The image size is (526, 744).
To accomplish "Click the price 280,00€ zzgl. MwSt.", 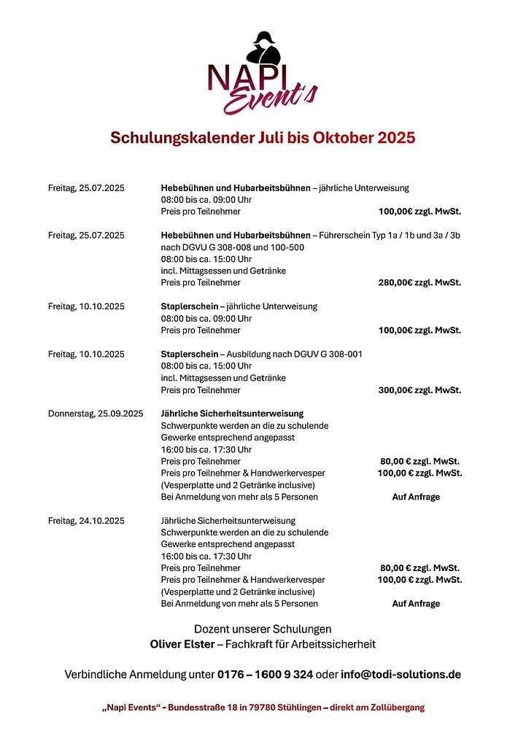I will pyautogui.click(x=419, y=282).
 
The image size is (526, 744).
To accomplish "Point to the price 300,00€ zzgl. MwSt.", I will pyautogui.click(x=419, y=390).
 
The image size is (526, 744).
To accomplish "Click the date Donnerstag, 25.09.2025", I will pyautogui.click(x=96, y=414).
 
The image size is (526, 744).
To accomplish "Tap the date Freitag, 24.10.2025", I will pyautogui.click(x=86, y=521).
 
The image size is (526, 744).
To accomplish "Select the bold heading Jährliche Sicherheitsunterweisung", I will pyautogui.click(x=232, y=414).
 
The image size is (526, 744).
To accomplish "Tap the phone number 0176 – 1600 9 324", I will pyautogui.click(x=266, y=675).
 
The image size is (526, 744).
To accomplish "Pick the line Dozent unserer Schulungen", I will pyautogui.click(x=263, y=629).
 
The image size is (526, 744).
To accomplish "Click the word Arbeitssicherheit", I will pyautogui.click(x=336, y=644).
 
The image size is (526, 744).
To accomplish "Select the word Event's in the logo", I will pyautogui.click(x=270, y=99).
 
